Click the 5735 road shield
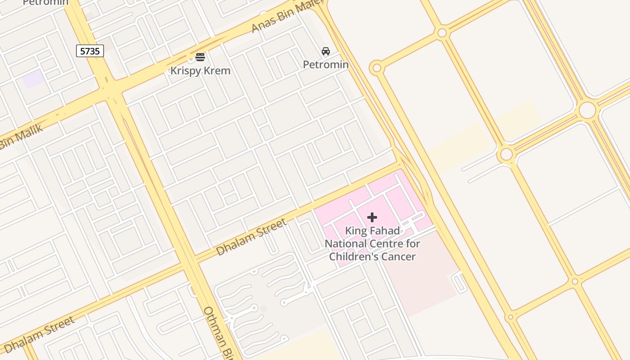[x=90, y=51]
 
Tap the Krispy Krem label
[x=200, y=71]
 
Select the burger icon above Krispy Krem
[x=200, y=57]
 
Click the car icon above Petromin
[x=326, y=51]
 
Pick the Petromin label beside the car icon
[x=326, y=64]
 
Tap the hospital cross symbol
[x=372, y=218]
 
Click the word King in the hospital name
[x=353, y=231]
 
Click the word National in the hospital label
[x=346, y=244]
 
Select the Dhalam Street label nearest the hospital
[x=251, y=237]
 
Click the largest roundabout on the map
[x=587, y=110]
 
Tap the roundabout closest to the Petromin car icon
[x=377, y=68]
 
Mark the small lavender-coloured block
[x=33, y=79]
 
